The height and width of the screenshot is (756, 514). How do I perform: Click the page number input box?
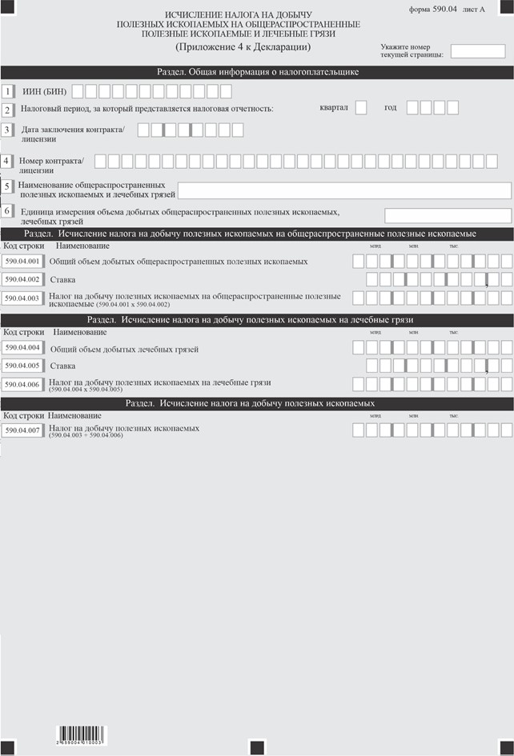[472, 52]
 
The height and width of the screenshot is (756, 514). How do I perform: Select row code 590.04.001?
[22, 262]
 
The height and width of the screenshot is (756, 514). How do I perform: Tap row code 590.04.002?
[22, 279]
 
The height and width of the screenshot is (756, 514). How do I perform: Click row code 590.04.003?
[22, 298]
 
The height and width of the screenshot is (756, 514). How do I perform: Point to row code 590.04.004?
[22, 348]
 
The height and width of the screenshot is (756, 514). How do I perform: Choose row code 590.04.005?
[22, 366]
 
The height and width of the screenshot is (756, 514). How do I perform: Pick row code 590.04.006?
[22, 383]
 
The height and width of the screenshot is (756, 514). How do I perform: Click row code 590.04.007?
[22, 430]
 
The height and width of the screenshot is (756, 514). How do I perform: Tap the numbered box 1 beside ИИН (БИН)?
[7, 90]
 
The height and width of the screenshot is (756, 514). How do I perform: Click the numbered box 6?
[7, 211]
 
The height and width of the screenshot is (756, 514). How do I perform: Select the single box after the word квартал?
[360, 107]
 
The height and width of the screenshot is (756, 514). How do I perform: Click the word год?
[390, 107]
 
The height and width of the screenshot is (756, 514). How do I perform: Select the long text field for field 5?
[344, 190]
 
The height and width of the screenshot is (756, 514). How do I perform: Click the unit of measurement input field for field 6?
[448, 215]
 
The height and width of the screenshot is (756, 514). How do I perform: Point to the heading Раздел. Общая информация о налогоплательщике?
[257, 71]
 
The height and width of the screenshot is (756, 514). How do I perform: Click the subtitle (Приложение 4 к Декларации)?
[237, 46]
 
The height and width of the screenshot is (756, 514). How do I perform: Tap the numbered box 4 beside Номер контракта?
[7, 161]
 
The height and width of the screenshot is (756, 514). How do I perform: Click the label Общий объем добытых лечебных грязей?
[124, 349]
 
